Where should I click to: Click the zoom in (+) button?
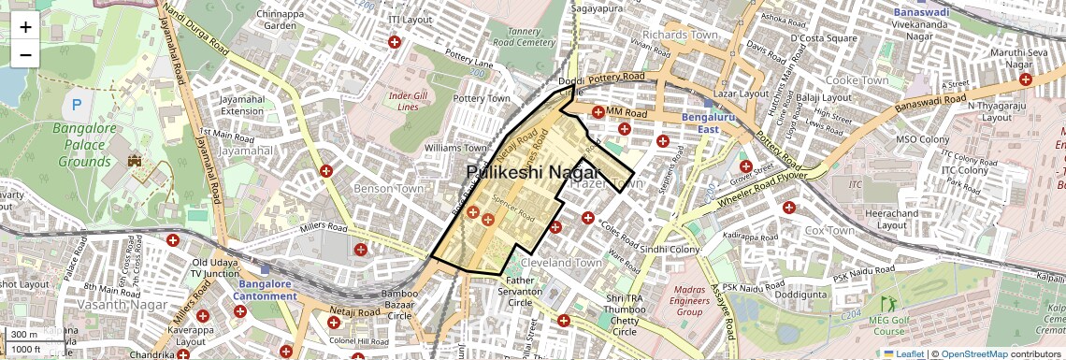[25, 27]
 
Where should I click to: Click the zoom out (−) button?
[25, 55]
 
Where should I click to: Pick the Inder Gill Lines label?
[414, 101]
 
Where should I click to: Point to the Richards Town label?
[686, 35]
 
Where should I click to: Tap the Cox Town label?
[828, 230]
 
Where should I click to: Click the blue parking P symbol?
[77, 106]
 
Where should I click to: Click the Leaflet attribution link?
[902, 353]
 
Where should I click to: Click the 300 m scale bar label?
[24, 335]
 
